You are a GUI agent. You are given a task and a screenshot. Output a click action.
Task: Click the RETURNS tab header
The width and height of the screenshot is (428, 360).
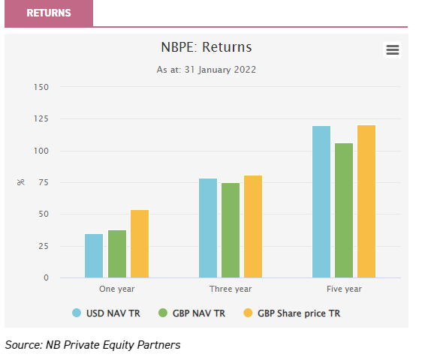(49, 13)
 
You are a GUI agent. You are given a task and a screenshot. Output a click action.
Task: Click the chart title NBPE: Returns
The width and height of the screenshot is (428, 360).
(206, 47)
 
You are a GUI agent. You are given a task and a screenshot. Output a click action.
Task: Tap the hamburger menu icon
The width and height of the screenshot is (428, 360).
(392, 50)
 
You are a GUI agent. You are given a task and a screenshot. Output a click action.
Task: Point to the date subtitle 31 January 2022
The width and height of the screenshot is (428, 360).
(206, 70)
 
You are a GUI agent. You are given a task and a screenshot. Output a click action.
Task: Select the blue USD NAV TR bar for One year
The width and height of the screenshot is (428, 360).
(94, 256)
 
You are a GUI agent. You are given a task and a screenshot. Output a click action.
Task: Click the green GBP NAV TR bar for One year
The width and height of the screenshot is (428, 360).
(117, 253)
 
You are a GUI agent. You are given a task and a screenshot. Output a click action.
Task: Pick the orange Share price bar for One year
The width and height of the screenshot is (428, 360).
(140, 244)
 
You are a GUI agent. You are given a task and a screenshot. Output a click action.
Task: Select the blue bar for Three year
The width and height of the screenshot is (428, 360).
(208, 228)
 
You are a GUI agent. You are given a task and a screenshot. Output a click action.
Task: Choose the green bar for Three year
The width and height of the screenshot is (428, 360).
(231, 230)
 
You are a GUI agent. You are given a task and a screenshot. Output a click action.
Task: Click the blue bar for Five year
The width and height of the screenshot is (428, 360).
(321, 202)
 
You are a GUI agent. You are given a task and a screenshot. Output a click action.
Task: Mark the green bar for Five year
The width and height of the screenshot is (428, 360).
(344, 211)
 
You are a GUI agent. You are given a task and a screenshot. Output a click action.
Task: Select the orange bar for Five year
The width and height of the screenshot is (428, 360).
(366, 202)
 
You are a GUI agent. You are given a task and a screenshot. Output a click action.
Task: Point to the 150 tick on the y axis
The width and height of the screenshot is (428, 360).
(41, 87)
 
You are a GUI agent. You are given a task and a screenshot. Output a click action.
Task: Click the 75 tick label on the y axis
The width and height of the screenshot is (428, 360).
(44, 182)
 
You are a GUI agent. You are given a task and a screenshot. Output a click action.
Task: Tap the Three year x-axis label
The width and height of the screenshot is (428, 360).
(231, 289)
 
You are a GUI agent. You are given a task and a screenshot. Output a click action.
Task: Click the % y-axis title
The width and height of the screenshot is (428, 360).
(20, 182)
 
